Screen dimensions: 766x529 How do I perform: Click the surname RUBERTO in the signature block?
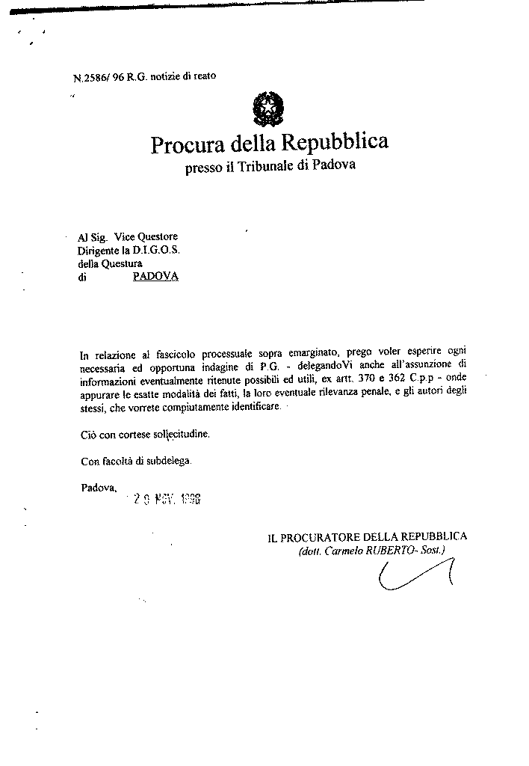click(x=393, y=551)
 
